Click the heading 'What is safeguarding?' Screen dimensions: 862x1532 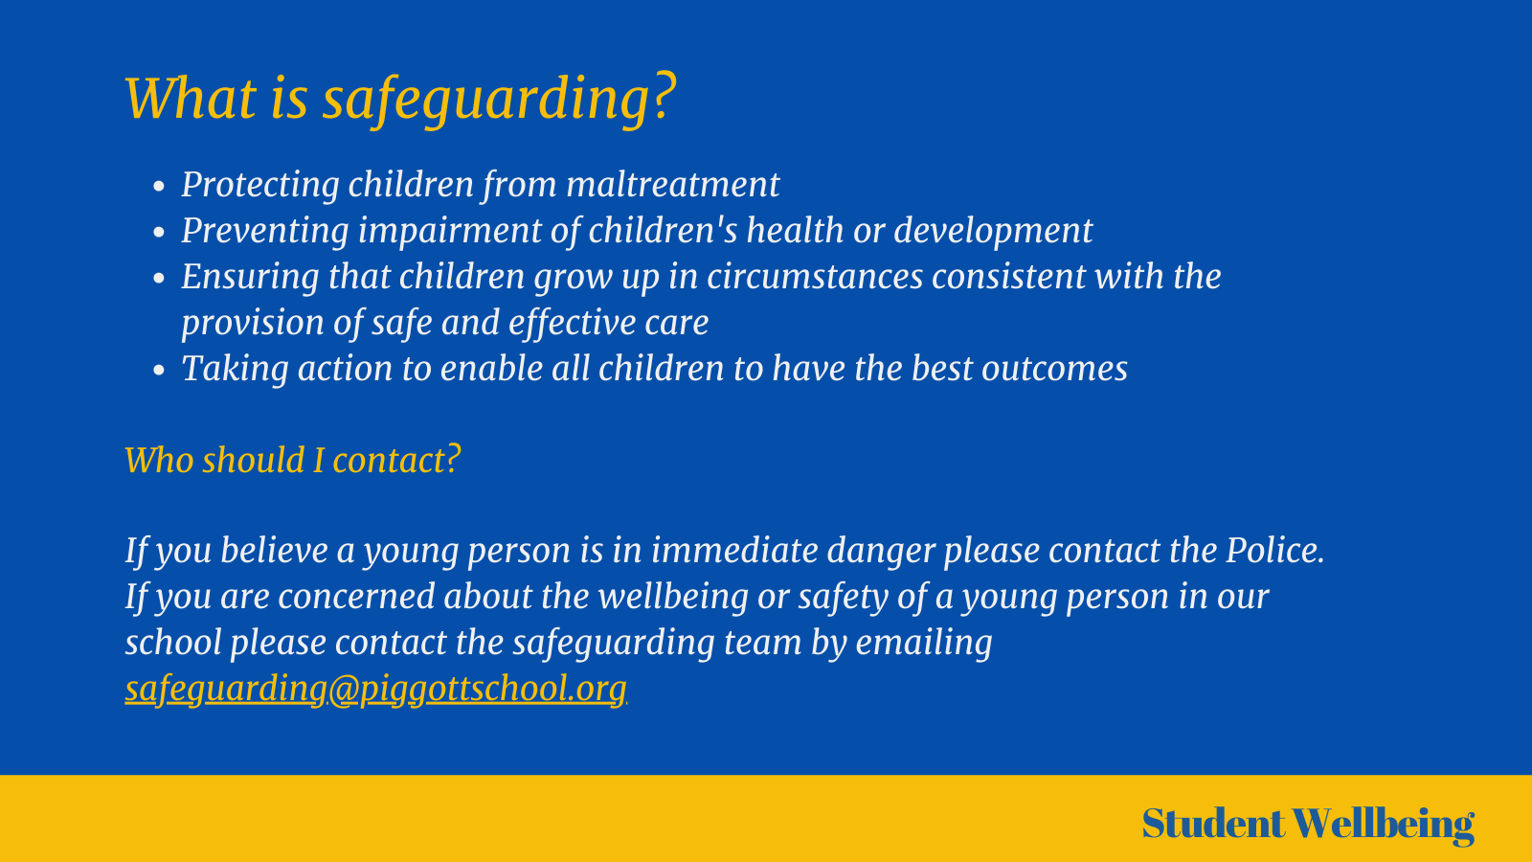pos(400,98)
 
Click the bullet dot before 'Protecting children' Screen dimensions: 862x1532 pos(160,187)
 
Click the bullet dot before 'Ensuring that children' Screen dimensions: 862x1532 pos(160,279)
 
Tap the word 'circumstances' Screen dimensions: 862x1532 pos(815,277)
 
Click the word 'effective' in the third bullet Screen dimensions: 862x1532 pos(572,323)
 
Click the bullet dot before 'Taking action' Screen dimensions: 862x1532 pos(160,371)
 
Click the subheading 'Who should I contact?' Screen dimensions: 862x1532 pos(293,461)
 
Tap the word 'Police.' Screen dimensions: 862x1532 pos(1274,551)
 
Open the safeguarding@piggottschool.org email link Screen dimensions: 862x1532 pos(375,689)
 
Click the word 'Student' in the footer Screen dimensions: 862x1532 pos(1212,824)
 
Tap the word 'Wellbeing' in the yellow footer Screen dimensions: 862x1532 pos(1383,824)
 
